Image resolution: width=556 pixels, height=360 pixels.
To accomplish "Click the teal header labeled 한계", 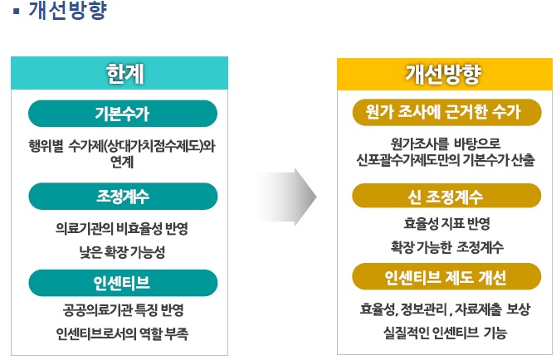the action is tap(119, 73).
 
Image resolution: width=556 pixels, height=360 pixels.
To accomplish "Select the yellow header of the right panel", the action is tap(445, 75).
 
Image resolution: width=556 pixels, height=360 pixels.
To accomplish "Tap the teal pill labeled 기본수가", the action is tap(123, 114).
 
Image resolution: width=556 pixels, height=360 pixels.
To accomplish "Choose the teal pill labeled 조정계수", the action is tap(123, 197).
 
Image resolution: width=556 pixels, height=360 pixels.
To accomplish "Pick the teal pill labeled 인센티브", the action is tap(123, 283).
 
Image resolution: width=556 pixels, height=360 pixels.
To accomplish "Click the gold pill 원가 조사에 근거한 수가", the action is tap(446, 112).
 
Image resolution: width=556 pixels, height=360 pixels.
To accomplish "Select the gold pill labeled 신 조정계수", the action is tap(446, 197).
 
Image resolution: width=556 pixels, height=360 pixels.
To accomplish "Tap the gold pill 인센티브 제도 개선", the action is tap(446, 276).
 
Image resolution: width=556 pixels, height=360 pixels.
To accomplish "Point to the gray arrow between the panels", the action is tap(287, 197).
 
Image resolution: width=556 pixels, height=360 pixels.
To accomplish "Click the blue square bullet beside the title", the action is tap(16, 11).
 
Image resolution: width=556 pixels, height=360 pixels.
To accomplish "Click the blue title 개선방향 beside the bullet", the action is tap(67, 10).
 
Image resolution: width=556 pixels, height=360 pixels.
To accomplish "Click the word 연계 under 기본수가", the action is tap(122, 162).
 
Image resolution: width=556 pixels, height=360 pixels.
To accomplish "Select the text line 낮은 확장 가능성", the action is tap(122, 252).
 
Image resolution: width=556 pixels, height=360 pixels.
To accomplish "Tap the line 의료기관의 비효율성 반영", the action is tap(122, 229).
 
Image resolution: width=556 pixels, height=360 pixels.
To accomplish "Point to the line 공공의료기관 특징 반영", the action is tap(124, 310).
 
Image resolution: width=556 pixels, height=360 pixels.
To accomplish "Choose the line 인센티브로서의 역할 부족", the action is tap(122, 333).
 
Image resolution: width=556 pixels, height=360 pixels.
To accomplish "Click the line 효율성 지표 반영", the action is tap(446, 224).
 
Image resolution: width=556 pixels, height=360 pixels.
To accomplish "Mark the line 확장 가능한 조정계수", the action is tap(446, 247).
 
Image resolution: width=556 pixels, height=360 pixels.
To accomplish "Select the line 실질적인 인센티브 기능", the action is tap(445, 333).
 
